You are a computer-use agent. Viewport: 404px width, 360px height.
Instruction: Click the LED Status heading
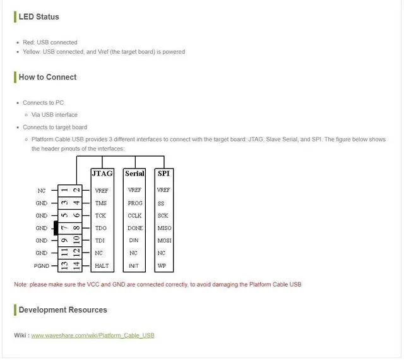pyautogui.click(x=39, y=16)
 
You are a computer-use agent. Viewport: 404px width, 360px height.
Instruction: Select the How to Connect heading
pyautogui.click(x=47, y=77)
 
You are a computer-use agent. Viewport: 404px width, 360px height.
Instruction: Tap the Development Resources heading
pyautogui.click(x=62, y=309)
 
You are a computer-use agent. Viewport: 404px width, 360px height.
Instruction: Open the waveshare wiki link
pyautogui.click(x=92, y=335)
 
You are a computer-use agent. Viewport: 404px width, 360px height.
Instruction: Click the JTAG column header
pyautogui.click(x=102, y=173)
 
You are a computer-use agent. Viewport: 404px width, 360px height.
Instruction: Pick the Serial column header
pyautogui.click(x=134, y=173)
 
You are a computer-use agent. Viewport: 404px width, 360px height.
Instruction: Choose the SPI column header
pyautogui.click(x=163, y=173)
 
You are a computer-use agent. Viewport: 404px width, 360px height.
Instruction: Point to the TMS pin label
pyautogui.click(x=101, y=203)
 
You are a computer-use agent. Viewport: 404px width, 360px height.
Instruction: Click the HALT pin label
pyautogui.click(x=102, y=266)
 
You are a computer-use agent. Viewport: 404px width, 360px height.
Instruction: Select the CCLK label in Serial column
pyautogui.click(x=134, y=215)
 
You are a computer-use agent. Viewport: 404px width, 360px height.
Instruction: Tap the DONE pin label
pyautogui.click(x=135, y=228)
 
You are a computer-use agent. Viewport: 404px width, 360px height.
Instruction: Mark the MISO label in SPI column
pyautogui.click(x=164, y=228)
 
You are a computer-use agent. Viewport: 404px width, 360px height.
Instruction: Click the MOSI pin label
pyautogui.click(x=164, y=241)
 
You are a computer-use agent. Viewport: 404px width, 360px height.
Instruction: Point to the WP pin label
pyautogui.click(x=162, y=266)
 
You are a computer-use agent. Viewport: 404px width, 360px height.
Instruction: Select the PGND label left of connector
pyautogui.click(x=42, y=266)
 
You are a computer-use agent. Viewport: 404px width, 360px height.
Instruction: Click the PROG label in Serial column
pyautogui.click(x=134, y=203)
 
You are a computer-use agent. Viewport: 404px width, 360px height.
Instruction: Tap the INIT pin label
pyautogui.click(x=134, y=266)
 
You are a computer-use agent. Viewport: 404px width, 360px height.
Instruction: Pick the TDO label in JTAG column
pyautogui.click(x=101, y=228)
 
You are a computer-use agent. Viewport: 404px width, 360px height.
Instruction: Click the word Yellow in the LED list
pyautogui.click(x=32, y=52)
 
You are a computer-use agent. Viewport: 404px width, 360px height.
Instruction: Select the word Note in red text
pyautogui.click(x=20, y=284)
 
